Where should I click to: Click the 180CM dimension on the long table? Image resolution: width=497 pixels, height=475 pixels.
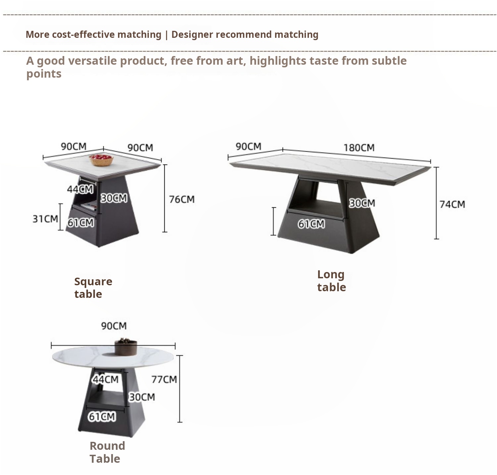359,148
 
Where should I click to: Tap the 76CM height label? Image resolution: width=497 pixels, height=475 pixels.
182,199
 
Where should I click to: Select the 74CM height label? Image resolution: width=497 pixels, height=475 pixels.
452,204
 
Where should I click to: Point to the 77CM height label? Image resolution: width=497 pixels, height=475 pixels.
164,379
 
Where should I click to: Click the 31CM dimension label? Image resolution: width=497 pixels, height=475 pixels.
45,219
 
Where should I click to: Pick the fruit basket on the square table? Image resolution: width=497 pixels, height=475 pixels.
101,160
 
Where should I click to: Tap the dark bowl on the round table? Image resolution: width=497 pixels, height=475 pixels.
126,346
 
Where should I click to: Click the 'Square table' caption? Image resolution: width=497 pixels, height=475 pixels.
93,288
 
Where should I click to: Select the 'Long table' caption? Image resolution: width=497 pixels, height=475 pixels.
331,281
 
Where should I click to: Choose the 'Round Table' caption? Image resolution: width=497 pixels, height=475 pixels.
107,452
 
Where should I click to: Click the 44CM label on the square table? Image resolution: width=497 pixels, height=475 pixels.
80,189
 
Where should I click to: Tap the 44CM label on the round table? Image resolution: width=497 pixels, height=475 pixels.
105,379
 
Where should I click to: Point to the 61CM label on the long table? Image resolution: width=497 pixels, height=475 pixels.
311,224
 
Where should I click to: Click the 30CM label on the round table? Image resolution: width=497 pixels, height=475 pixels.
142,397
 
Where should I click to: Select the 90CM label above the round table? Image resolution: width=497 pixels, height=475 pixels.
114,326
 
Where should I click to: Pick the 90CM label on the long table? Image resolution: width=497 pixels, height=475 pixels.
248,146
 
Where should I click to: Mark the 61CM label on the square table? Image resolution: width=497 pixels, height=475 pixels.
81,223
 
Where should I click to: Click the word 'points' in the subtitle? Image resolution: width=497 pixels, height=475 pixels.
44,74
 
